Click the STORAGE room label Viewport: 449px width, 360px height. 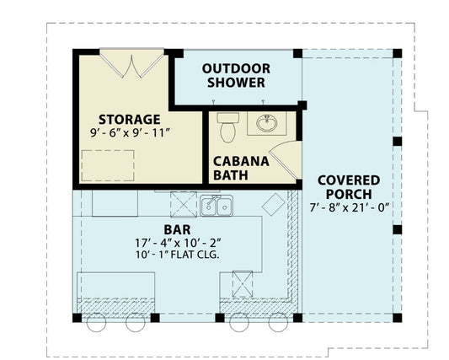(129, 118)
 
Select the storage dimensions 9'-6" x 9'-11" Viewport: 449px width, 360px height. (129, 133)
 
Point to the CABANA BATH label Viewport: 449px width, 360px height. (240, 168)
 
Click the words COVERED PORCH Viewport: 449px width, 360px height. (348, 187)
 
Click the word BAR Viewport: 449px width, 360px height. (177, 229)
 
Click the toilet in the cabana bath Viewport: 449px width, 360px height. (227, 129)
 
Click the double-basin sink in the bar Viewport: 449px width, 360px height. (216, 205)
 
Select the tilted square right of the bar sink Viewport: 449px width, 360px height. (274, 206)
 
